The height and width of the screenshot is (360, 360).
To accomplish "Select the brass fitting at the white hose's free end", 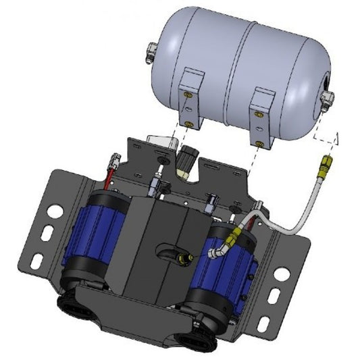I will click(x=328, y=161).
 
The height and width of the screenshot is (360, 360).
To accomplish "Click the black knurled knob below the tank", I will click(x=185, y=161).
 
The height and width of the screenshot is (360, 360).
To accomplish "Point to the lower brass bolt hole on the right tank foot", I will click(x=260, y=142).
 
